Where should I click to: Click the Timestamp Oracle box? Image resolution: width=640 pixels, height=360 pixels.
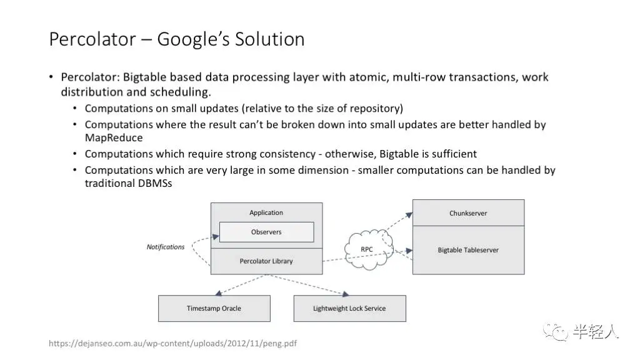coord(214,309)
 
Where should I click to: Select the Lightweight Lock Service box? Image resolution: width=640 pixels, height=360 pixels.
coord(349,309)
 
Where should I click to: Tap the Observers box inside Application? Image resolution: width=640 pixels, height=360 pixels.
coord(266,232)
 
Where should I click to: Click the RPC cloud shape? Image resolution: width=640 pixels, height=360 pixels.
coord(367,249)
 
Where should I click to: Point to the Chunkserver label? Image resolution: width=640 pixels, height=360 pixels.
coord(468,213)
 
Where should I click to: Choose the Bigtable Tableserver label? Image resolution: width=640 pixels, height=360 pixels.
coord(468,250)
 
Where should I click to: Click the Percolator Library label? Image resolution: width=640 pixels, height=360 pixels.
coord(266,261)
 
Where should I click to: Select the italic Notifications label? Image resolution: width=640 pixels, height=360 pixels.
coord(166,247)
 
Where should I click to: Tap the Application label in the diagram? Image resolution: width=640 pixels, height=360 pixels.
coord(266,212)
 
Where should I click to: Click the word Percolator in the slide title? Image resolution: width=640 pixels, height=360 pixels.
coord(93,39)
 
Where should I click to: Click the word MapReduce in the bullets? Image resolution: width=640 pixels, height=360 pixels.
coord(114,137)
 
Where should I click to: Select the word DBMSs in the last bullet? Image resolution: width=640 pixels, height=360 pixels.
coord(153,183)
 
